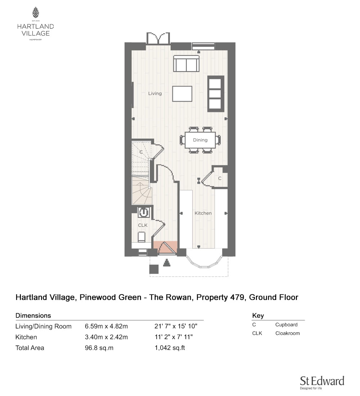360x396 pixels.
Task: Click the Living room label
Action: [x=155, y=94]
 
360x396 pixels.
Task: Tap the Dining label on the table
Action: [x=200, y=140]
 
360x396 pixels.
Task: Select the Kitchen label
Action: [x=203, y=213]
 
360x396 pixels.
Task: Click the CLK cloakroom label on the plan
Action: [x=143, y=225]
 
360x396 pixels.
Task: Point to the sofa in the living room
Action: [x=186, y=63]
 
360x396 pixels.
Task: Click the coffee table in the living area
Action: [x=182, y=94]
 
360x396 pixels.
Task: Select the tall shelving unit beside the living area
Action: [x=216, y=94]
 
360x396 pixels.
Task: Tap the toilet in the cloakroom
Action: [x=141, y=237]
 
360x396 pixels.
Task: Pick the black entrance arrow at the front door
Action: [x=166, y=263]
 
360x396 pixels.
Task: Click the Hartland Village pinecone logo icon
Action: [x=36, y=12]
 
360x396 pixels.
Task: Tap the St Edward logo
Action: [x=322, y=382]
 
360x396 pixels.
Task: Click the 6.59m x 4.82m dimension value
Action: [x=106, y=326]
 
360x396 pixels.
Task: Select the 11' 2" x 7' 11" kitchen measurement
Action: [x=174, y=337]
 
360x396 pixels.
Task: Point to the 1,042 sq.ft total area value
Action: [x=170, y=348]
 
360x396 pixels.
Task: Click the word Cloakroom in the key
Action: [x=288, y=333]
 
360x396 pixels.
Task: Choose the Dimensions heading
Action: [x=33, y=315]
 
